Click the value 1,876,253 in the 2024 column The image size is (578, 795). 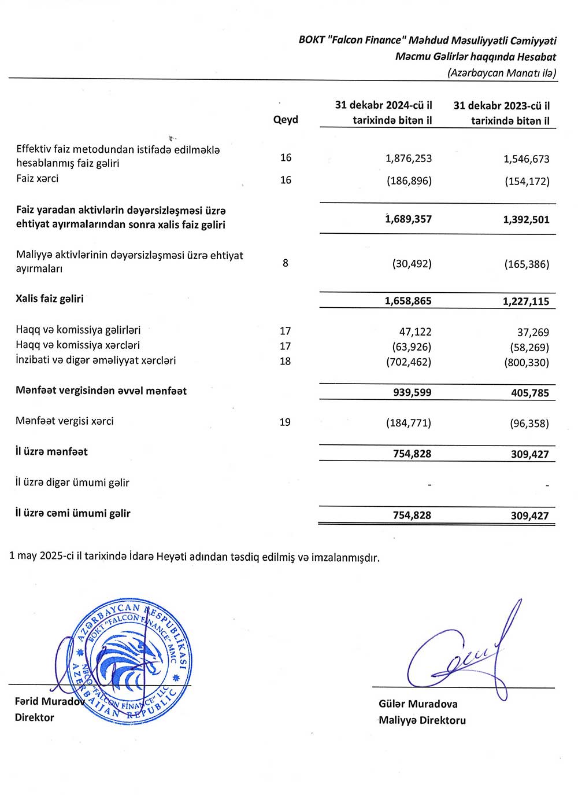[409, 159]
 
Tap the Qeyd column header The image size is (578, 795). [286, 120]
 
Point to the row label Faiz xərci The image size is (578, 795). [38, 178]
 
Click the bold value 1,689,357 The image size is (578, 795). [409, 219]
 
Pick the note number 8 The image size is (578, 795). [286, 263]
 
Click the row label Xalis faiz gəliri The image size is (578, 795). [50, 299]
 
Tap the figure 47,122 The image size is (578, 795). [415, 332]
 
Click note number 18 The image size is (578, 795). [285, 361]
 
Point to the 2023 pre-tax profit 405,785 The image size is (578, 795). [529, 393]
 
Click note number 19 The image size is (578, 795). [285, 422]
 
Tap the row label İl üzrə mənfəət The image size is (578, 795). [51, 451]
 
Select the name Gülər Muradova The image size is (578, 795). [418, 704]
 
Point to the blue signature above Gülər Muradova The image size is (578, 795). [462, 654]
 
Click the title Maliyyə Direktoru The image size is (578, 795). [422, 720]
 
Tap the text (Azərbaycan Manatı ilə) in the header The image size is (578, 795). [502, 73]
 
